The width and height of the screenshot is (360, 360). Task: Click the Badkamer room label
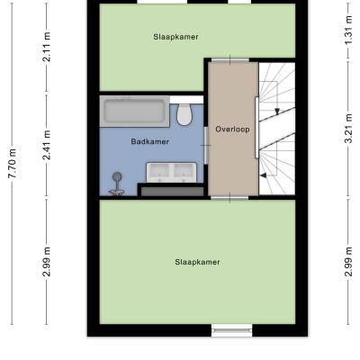pyautogui.click(x=150, y=141)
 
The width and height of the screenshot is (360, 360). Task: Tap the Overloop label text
pyautogui.click(x=232, y=130)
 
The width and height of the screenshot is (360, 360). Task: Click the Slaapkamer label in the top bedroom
pyautogui.click(x=175, y=37)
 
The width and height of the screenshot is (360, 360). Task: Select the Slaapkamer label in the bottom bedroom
pyautogui.click(x=197, y=262)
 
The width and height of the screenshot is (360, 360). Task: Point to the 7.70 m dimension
pyautogui.click(x=13, y=164)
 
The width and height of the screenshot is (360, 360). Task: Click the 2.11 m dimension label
pyautogui.click(x=47, y=47)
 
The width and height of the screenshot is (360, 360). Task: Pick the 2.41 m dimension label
pyautogui.click(x=47, y=145)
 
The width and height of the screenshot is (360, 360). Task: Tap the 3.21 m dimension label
pyautogui.click(x=348, y=129)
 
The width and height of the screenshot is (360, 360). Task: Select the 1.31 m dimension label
pyautogui.click(x=348, y=30)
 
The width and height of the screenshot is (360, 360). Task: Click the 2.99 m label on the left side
pyautogui.click(x=47, y=262)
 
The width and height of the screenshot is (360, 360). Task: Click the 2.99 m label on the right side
pyautogui.click(x=348, y=262)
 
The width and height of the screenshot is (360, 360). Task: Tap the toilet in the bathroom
pyautogui.click(x=184, y=114)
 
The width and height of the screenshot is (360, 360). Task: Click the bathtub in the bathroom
pyautogui.click(x=135, y=112)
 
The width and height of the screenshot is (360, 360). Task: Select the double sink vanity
pyautogui.click(x=171, y=172)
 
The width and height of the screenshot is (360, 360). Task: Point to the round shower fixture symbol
pyautogui.click(x=117, y=183)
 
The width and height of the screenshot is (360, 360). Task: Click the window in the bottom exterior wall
pyautogui.click(x=231, y=330)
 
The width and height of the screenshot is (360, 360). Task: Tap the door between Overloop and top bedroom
pyautogui.click(x=230, y=60)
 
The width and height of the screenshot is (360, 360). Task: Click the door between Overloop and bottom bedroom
pyautogui.click(x=229, y=197)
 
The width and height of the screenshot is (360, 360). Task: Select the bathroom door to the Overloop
pyautogui.click(x=206, y=145)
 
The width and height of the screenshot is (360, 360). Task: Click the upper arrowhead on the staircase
pyautogui.click(x=277, y=112)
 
